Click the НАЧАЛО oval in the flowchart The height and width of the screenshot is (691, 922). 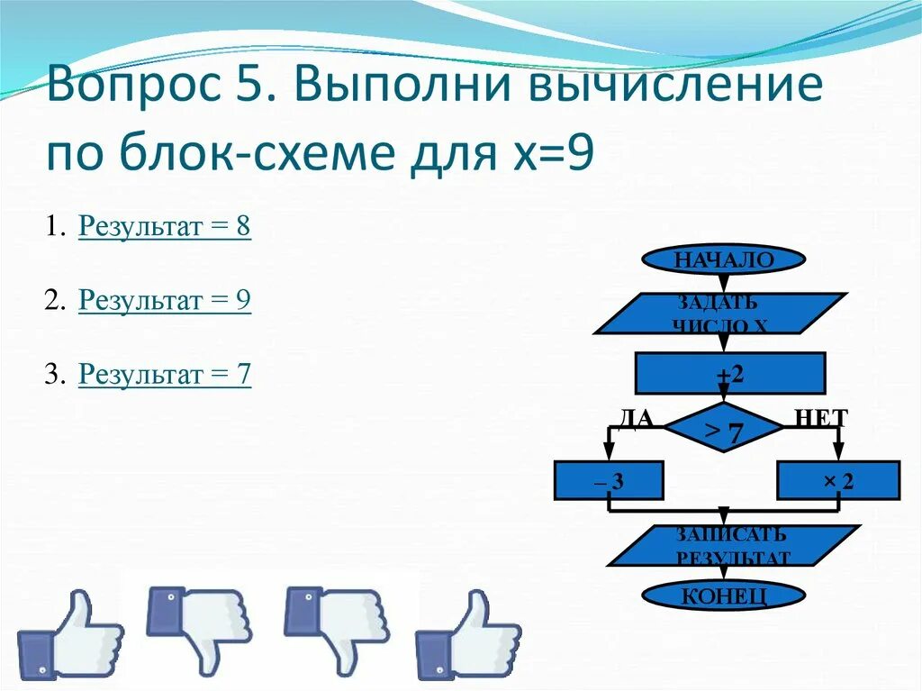coord(723,260)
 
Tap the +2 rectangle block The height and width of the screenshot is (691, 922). coord(730,374)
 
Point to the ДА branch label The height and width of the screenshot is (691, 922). coord(634,417)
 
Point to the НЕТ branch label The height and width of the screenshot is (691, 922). coord(820,417)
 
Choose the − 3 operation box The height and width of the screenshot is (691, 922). coord(609,481)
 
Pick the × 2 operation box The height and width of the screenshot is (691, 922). coord(838,481)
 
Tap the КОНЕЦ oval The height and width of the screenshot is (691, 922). coord(723,596)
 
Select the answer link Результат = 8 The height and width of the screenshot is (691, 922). coord(165,227)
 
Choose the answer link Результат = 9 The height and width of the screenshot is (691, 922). coord(165,300)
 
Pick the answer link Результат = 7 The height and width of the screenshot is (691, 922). coord(165,373)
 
